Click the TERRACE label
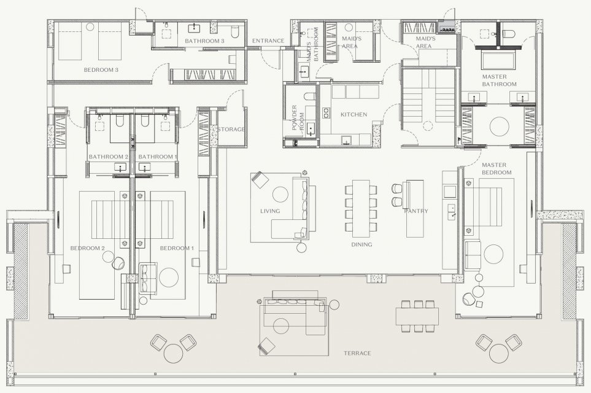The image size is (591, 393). pos(357,354)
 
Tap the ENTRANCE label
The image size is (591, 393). pos(268,41)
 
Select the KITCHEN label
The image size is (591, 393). pos(353,114)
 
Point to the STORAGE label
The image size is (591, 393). pos(231,129)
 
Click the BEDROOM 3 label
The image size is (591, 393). pos(101,70)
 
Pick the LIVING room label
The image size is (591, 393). pos(270,211)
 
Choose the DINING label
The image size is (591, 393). pos(361,244)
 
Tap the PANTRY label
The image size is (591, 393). pos(416,211)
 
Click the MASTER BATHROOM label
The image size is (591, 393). pos(500,80)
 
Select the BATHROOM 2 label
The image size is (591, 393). pos(109,157)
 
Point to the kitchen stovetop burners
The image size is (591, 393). pos(325,114)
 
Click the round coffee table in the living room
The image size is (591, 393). pos(280,194)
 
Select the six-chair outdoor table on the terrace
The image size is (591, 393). pos(417,316)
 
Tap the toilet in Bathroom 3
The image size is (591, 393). pos(234,33)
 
